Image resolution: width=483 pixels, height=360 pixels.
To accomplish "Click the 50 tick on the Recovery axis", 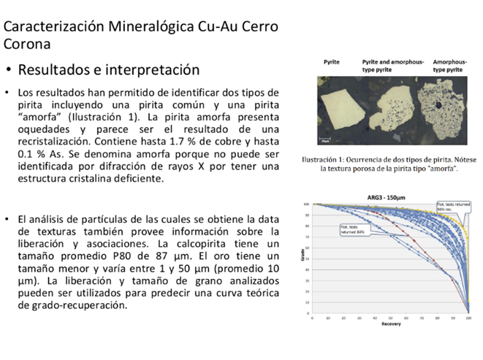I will pos(390,318).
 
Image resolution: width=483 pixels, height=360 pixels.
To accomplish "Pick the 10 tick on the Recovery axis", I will pos(327,318).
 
